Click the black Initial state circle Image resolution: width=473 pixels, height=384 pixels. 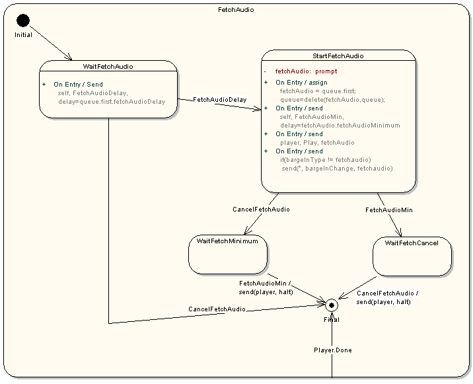click(x=23, y=20)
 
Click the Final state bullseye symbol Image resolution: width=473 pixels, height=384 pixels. click(x=332, y=305)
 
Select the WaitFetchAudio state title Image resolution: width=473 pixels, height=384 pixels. click(x=108, y=66)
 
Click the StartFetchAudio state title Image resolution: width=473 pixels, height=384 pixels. click(x=338, y=56)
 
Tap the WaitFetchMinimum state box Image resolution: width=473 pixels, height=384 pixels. click(x=228, y=254)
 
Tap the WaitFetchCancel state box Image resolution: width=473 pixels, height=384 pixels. click(x=411, y=256)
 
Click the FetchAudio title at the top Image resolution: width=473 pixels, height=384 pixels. click(x=236, y=10)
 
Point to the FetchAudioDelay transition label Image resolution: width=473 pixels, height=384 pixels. click(x=219, y=100)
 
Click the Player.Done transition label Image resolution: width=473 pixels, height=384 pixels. click(x=332, y=350)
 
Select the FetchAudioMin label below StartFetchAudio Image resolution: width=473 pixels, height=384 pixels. click(x=389, y=210)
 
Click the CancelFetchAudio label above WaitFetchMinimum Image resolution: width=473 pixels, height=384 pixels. click(x=261, y=210)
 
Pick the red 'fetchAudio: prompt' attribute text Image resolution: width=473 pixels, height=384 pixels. click(x=306, y=71)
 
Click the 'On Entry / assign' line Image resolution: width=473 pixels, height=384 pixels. click(x=301, y=83)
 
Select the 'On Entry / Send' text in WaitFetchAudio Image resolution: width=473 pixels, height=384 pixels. click(x=78, y=85)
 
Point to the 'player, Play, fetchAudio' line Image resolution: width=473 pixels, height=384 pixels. click(x=317, y=143)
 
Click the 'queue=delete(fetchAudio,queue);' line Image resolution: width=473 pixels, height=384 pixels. click(x=332, y=100)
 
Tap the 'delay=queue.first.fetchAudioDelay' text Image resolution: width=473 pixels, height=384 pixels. click(x=112, y=102)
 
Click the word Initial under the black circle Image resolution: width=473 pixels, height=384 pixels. click(x=23, y=35)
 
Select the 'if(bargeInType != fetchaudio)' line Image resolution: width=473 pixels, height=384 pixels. click(x=326, y=160)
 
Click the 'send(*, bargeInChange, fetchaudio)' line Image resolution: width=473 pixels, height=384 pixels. click(x=337, y=169)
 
